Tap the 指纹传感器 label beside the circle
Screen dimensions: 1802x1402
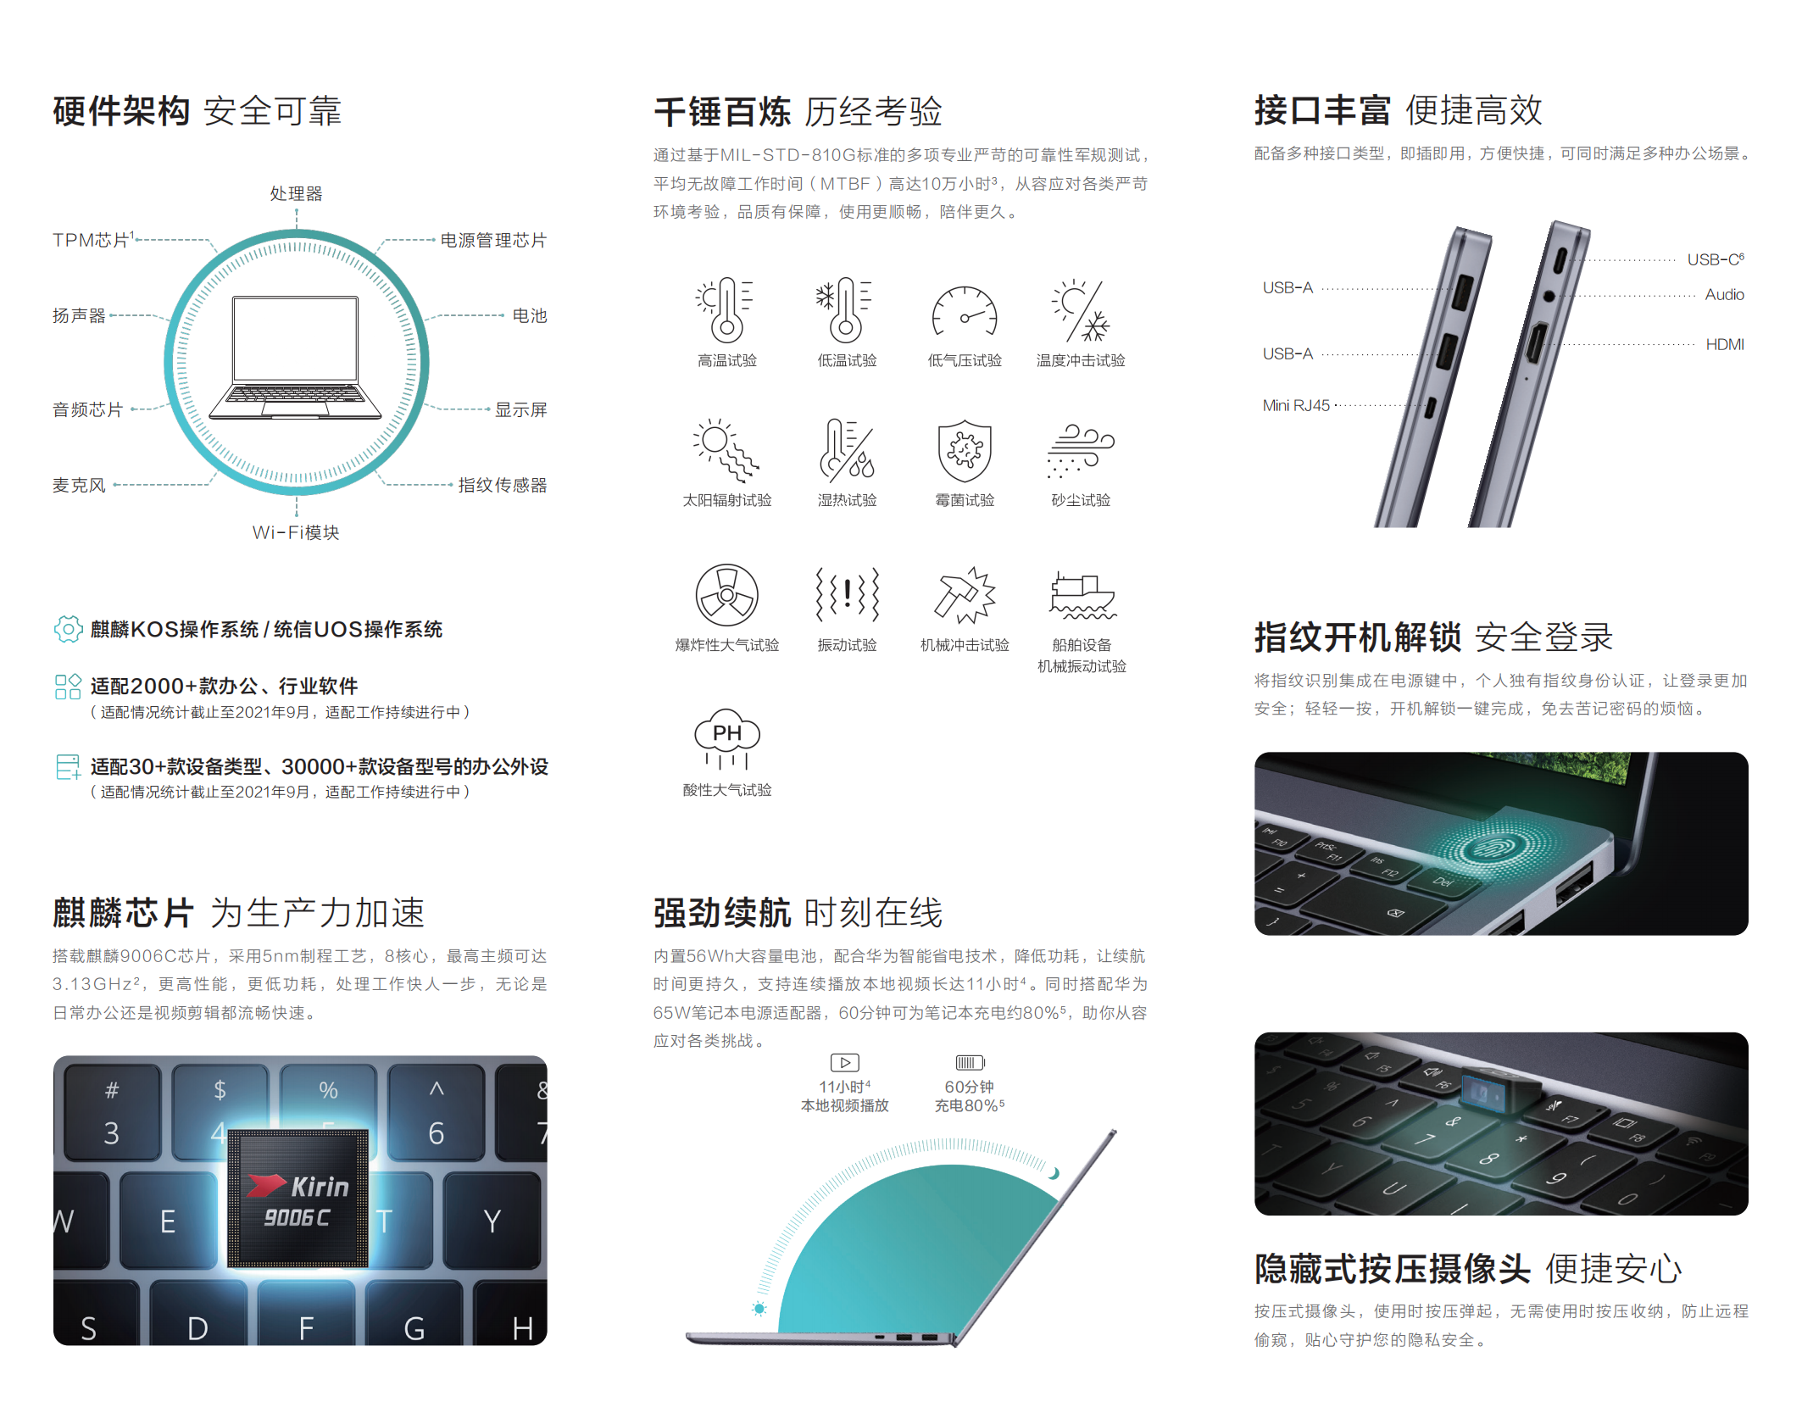502,485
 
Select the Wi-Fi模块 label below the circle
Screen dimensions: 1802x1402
296,532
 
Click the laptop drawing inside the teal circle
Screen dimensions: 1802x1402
295,357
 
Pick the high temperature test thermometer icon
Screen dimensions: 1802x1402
726,309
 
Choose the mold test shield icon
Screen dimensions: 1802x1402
965,450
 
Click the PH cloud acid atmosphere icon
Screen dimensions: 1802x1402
727,739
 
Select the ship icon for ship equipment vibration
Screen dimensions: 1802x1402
1082,595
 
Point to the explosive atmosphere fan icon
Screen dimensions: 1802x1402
726,595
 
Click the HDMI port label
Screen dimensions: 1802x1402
1725,344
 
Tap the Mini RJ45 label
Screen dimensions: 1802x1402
1296,405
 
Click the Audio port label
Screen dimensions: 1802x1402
1725,294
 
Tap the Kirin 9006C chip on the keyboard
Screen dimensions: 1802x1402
298,1198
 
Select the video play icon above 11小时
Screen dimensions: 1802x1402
845,1062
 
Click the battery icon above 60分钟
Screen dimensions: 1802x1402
970,1062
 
